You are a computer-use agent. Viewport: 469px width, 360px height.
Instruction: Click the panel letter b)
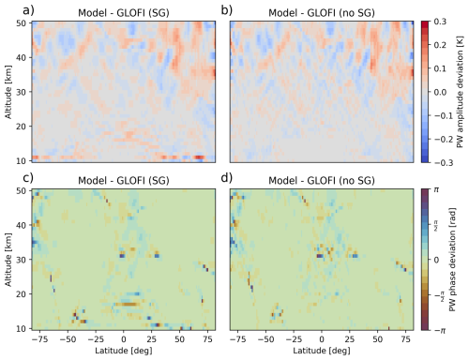tap(226, 9)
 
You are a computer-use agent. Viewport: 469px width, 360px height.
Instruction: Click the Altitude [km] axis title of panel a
tap(8, 90)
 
